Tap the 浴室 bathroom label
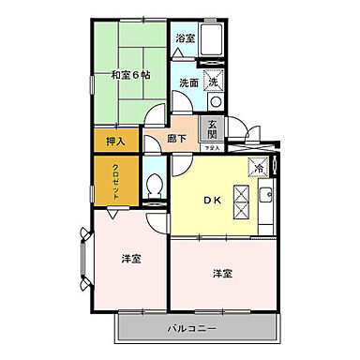pos(185,38)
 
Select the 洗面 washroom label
pos(188,82)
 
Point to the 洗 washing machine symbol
pos(213,82)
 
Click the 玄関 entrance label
pos(214,128)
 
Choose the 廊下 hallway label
pos(177,139)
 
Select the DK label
pos(213,200)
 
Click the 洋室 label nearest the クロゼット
pos(130,258)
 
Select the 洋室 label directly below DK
pos(222,273)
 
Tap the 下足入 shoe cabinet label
pos(214,148)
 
